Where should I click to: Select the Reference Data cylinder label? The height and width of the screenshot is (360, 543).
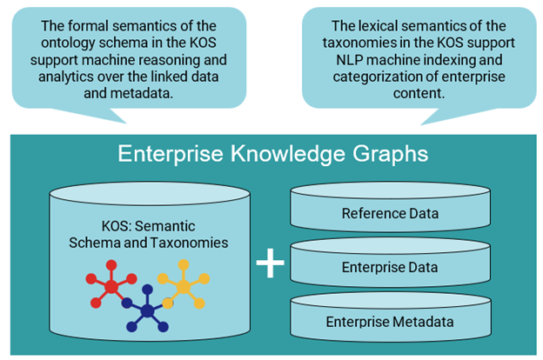tap(388, 214)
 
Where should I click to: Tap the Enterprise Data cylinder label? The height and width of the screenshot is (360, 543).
tap(388, 267)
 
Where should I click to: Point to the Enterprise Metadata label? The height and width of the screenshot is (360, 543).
tap(388, 322)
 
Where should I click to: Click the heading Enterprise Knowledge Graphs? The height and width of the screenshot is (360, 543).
tap(272, 154)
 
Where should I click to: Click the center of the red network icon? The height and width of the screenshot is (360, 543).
tap(111, 286)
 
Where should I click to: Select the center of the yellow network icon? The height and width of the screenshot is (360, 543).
tap(183, 283)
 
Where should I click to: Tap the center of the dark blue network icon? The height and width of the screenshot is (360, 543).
tap(147, 310)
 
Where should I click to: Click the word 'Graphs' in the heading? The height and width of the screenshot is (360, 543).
tap(388, 154)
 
